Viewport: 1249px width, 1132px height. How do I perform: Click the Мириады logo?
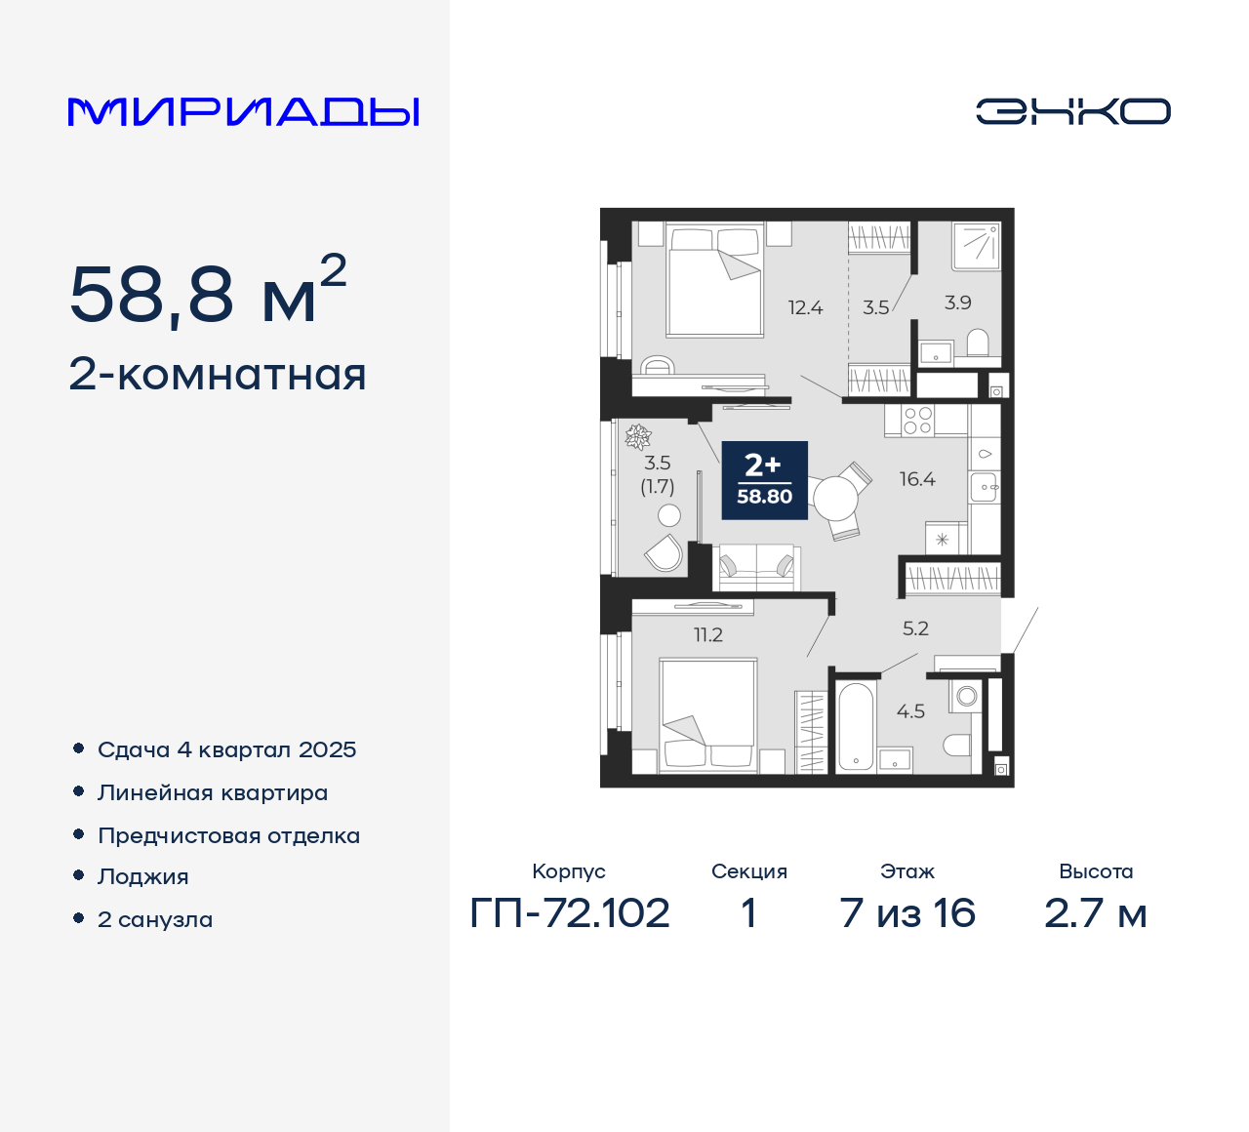(x=244, y=112)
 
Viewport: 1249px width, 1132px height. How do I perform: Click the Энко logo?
(x=1072, y=111)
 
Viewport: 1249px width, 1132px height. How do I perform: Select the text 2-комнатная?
(x=218, y=375)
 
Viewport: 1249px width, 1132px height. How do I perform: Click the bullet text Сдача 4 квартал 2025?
(x=226, y=749)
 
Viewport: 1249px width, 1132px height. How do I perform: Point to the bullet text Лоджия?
(x=143, y=876)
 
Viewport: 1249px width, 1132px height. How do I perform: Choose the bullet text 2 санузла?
(x=155, y=919)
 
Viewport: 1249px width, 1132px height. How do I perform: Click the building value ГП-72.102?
(x=570, y=913)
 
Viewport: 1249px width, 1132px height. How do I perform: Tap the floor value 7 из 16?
(x=907, y=913)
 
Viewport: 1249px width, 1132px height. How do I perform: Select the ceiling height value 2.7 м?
(x=1095, y=913)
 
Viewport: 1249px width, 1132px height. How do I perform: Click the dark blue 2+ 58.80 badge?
(x=764, y=480)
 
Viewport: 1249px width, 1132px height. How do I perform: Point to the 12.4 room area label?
(x=805, y=308)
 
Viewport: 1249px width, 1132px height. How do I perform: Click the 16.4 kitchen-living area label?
(x=917, y=479)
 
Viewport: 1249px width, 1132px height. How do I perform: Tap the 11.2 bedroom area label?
(x=708, y=635)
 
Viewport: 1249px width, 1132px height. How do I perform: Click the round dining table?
(x=834, y=500)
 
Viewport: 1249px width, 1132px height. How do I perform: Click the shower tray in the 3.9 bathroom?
(x=976, y=246)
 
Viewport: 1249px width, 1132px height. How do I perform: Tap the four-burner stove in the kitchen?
(x=917, y=421)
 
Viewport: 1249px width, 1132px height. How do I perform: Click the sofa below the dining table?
(x=756, y=567)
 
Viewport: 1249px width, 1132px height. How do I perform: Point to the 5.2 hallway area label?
(x=915, y=628)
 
